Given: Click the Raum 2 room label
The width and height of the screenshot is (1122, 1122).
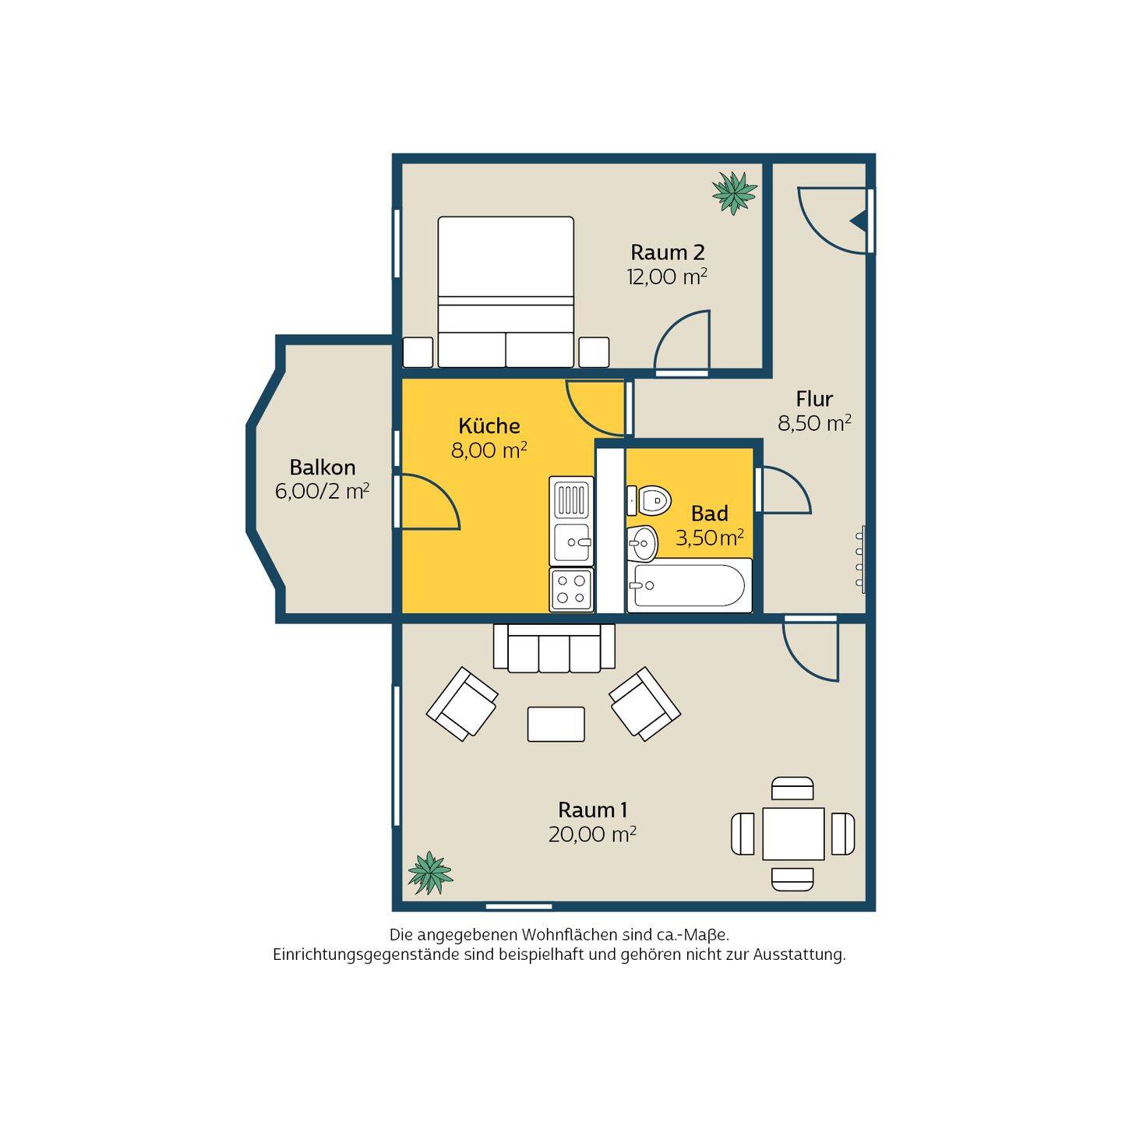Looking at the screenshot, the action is (667, 252).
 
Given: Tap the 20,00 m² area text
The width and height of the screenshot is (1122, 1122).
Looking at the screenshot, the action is (591, 834).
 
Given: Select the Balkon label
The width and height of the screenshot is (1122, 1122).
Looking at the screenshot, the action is (322, 467).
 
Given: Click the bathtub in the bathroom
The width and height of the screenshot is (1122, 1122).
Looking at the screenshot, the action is (689, 585).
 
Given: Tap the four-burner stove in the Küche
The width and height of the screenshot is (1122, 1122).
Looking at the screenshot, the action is (571, 589).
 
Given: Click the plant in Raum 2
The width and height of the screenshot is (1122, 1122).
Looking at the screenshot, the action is (734, 192).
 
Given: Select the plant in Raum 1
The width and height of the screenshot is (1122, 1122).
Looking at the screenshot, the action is (430, 872).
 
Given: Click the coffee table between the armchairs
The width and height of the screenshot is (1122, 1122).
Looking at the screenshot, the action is (556, 725).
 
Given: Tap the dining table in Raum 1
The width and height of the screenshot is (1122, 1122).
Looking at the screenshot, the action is (793, 834).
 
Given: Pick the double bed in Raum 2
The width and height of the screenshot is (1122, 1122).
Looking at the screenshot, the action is (506, 291).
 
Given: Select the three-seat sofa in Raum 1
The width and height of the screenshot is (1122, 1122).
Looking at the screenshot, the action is (554, 648).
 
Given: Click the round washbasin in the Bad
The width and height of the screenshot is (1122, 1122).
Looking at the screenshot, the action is (642, 542).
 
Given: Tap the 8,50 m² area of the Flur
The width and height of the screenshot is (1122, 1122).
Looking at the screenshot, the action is (814, 423).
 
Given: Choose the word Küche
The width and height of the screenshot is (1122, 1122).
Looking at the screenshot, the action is (489, 425).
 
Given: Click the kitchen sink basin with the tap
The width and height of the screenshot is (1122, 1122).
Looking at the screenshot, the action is (571, 542).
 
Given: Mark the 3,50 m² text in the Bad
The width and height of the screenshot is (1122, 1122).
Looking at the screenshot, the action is (709, 538).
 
